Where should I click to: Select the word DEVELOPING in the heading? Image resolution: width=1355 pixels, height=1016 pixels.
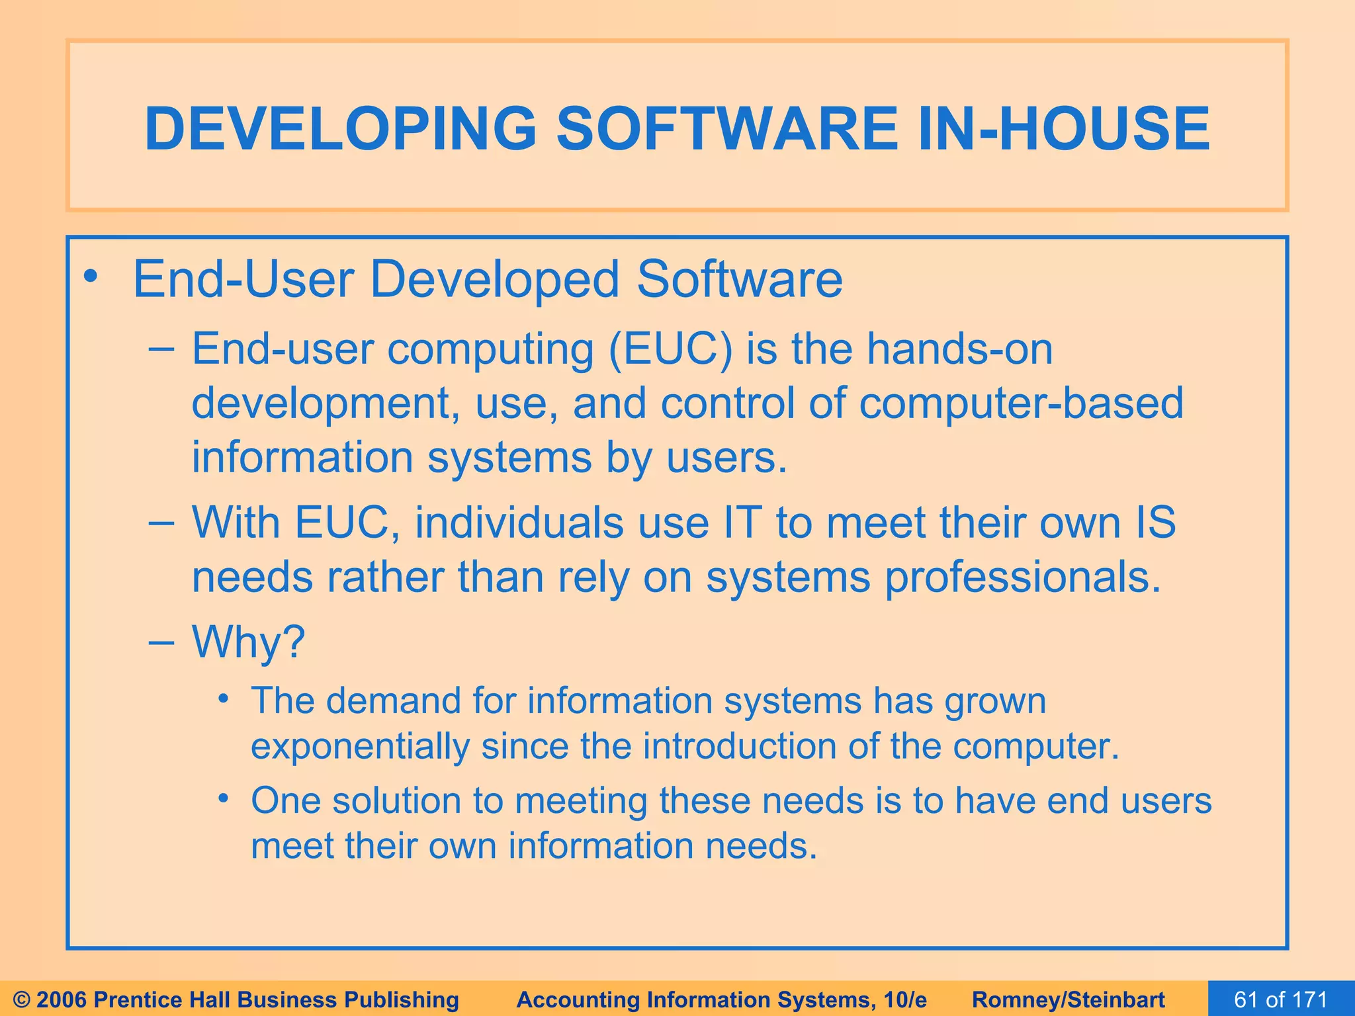coord(340,128)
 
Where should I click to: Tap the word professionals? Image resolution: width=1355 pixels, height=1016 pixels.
coord(1023,577)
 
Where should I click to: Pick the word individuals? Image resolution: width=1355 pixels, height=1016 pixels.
coord(519,523)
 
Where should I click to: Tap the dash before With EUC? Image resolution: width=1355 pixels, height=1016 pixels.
coord(161,523)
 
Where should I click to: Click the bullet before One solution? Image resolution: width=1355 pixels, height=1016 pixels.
coord(224,799)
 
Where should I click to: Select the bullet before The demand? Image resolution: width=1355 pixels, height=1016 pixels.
coord(224,698)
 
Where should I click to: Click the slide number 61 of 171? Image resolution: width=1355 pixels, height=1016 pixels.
coord(1281,999)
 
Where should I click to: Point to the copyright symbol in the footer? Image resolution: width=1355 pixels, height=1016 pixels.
coord(22,999)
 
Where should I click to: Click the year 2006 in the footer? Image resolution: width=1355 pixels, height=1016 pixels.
coord(62,999)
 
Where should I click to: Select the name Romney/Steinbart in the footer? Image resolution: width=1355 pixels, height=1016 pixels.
coord(1069,999)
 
